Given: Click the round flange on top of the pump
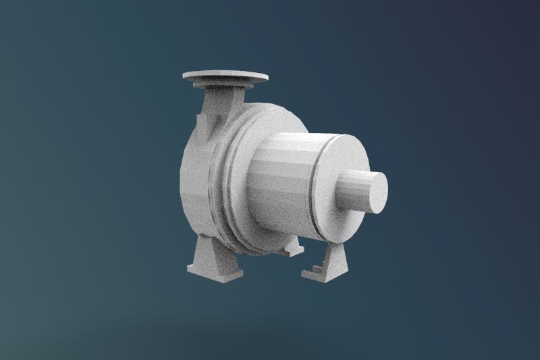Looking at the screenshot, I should coord(225,75).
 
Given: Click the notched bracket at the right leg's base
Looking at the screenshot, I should coord(312,272).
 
